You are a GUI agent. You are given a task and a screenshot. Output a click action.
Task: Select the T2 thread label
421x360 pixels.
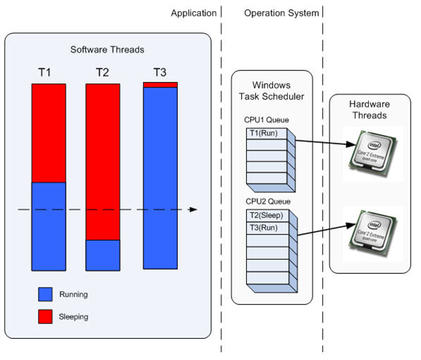point(103,72)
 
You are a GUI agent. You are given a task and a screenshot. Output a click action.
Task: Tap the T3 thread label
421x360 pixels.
point(161,72)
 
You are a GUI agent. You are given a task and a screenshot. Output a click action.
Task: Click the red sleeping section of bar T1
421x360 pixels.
point(49,133)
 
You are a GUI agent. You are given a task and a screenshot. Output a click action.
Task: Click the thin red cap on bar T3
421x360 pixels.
point(160,85)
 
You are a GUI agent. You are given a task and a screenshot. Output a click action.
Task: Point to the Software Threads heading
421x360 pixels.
point(108,49)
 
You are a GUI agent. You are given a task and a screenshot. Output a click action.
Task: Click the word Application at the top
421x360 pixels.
point(193,13)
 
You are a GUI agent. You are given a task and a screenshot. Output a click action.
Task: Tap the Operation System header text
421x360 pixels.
point(281,13)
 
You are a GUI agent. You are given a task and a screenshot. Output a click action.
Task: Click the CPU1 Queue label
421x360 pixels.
point(262,121)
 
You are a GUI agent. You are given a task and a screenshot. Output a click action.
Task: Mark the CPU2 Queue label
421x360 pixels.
point(262,203)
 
